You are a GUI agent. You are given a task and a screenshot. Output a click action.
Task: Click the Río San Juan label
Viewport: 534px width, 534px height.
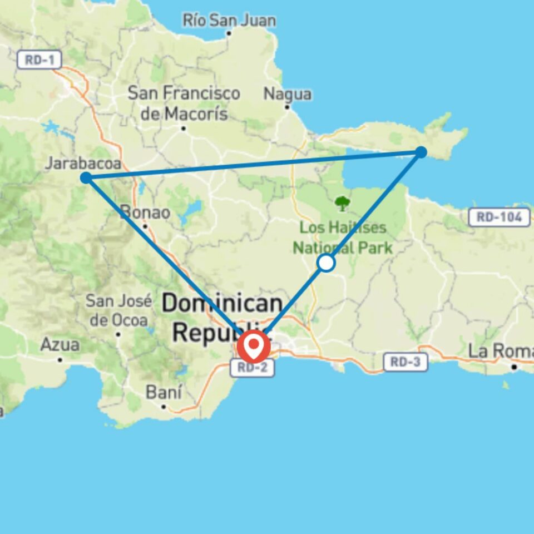(x=229, y=21)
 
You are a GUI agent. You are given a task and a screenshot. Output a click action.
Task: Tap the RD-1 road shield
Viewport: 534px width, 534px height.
(x=39, y=60)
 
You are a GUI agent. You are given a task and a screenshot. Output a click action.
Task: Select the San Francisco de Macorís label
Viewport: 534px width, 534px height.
(x=184, y=103)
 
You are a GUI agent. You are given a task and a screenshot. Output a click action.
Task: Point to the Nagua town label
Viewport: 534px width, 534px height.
(x=287, y=94)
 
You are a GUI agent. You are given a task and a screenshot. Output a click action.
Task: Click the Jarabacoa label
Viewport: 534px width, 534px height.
(x=83, y=163)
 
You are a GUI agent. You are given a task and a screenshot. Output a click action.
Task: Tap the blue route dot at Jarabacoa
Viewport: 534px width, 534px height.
(x=86, y=178)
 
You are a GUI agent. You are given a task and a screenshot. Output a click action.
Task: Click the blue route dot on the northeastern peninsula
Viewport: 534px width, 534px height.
(x=421, y=152)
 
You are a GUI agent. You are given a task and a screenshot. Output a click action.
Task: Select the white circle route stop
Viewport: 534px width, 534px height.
(x=326, y=263)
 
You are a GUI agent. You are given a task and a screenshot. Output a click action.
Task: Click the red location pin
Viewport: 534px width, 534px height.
(x=254, y=347)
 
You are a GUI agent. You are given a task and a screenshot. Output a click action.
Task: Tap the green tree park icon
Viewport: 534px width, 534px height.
(x=342, y=203)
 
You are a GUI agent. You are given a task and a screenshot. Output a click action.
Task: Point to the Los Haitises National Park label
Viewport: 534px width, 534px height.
(x=343, y=238)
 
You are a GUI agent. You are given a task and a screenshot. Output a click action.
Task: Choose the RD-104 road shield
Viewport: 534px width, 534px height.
(x=499, y=217)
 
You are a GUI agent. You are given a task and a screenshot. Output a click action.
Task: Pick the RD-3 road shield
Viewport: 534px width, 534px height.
(x=406, y=363)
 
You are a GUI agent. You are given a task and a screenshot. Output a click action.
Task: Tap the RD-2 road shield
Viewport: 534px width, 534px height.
(x=253, y=368)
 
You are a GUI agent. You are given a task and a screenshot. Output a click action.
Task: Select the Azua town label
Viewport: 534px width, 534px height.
(x=60, y=345)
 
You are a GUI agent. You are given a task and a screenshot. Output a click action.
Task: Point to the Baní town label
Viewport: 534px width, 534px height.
(x=164, y=392)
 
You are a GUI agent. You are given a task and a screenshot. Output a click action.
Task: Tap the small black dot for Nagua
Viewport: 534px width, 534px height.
(x=287, y=107)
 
